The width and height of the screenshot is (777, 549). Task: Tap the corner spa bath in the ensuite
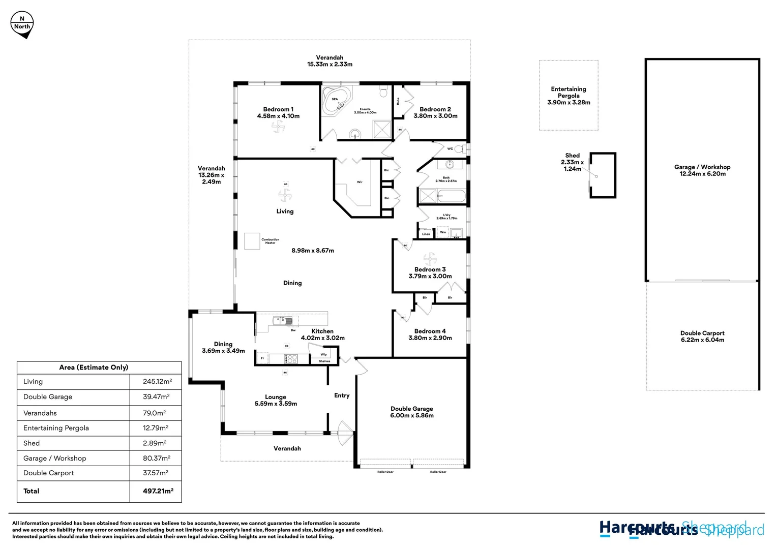coord(336,101)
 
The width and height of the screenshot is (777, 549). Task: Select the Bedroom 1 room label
coord(278,112)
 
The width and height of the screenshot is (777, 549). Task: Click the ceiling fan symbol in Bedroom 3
coord(430,258)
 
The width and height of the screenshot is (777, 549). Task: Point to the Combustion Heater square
coord(252,241)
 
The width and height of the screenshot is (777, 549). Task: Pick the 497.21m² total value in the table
coord(158,491)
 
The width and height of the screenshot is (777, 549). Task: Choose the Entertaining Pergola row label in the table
coord(56,428)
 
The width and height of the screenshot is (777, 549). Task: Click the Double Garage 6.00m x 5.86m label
coord(412,412)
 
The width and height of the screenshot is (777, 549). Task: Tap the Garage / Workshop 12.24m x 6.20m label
coord(702,170)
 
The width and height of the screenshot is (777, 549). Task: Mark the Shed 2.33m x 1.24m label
coord(573,162)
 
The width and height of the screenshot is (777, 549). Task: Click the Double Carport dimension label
coord(702,337)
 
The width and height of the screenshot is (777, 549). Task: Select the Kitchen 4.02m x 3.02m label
coord(322,334)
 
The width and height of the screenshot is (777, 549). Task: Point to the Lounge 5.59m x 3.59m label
coord(276,400)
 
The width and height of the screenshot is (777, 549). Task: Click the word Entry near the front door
coord(342,395)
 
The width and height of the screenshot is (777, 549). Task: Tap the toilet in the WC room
coord(459,149)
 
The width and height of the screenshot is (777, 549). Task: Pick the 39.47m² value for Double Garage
coord(156,396)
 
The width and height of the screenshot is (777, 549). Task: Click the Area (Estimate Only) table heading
coord(94,367)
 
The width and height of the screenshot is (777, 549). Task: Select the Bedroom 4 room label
coord(430,334)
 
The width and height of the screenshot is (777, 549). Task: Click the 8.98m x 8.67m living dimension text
coord(313,251)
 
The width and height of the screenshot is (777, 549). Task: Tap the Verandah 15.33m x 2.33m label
coord(330,61)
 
